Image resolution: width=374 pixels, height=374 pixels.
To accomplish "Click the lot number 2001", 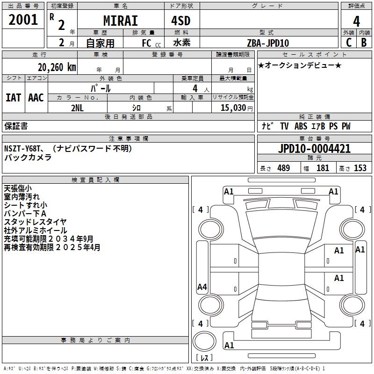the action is (23, 20).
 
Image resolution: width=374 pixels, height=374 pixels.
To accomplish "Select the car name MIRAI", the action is (121, 22).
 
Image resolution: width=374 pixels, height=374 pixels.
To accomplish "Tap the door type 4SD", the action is (182, 22).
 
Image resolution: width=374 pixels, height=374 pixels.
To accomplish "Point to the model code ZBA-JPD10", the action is (268, 43).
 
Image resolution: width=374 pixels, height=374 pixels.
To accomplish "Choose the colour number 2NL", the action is (78, 108).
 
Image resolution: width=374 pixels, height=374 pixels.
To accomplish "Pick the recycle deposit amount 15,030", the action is (233, 108).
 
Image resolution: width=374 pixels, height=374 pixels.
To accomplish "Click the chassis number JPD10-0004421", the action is (314, 149).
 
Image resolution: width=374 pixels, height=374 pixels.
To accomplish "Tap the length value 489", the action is (283, 168).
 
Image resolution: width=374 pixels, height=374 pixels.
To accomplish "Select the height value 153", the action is (360, 168).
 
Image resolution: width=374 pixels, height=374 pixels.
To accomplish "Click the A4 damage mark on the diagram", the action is (202, 287).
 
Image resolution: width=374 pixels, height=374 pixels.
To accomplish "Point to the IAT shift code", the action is (13, 98).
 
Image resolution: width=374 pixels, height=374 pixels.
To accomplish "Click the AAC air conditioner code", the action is (36, 98).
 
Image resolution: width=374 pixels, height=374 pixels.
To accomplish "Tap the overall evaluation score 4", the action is (356, 22).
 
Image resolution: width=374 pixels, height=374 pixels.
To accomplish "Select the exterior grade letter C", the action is (348, 43).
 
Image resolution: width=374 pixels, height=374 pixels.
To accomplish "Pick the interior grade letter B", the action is (364, 43).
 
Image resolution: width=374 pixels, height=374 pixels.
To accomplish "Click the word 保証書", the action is (16, 126).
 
